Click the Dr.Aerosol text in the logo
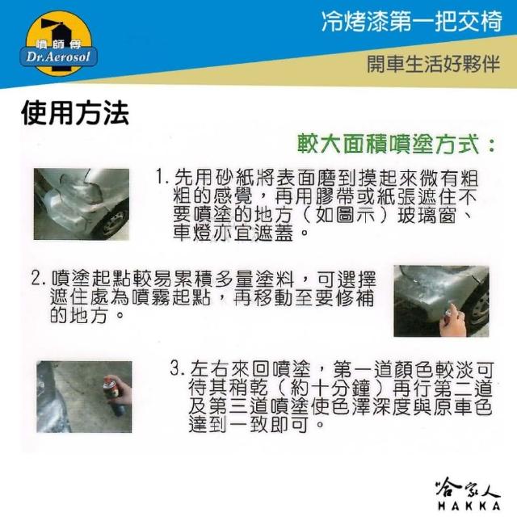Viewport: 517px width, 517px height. (58, 57)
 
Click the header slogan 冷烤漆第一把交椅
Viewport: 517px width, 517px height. (411, 22)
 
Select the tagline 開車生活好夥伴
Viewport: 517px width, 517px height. (434, 64)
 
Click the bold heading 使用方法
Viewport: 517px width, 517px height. (75, 113)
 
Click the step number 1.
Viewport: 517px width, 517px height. (162, 177)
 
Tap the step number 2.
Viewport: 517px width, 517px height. (39, 278)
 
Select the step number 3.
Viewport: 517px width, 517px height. (177, 368)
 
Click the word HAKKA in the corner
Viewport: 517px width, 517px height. (469, 505)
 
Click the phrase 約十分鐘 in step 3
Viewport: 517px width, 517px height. (330, 387)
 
